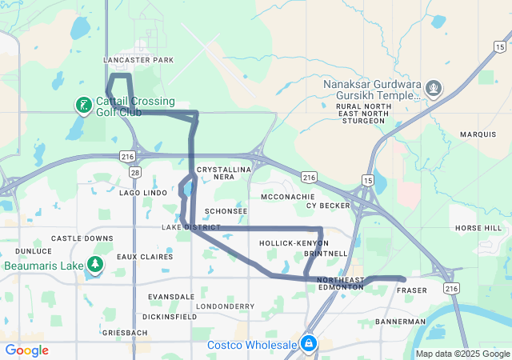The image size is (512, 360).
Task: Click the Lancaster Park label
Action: (x=138, y=60)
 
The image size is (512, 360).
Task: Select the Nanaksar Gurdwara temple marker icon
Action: (x=433, y=86)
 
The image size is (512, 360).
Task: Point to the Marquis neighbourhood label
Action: (x=478, y=134)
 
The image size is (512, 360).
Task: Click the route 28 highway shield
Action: (x=134, y=172)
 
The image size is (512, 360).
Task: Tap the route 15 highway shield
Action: (x=367, y=181)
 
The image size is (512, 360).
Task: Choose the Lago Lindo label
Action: (x=142, y=193)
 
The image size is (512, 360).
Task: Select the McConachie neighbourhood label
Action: (x=288, y=196)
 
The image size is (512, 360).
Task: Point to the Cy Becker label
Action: (x=328, y=206)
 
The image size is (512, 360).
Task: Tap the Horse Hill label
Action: (x=478, y=228)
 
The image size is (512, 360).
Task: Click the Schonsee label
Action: (x=226, y=211)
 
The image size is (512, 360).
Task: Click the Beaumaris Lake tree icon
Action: (x=94, y=265)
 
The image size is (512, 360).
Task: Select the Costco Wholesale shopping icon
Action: (x=308, y=344)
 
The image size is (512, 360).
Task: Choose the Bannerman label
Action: (x=400, y=322)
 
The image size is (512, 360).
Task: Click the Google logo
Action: (x=27, y=350)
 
